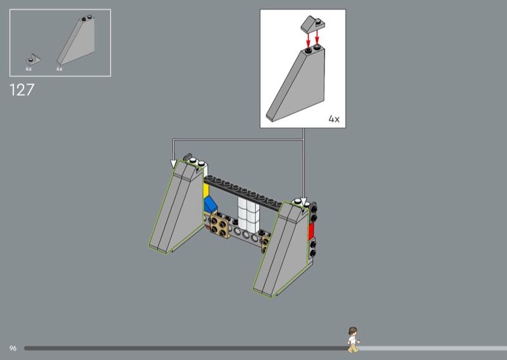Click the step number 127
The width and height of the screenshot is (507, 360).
coord(22,90)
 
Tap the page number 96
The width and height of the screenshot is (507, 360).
coord(13,349)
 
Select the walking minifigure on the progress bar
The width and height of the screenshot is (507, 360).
coord(353,340)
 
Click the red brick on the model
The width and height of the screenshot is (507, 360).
coord(311,231)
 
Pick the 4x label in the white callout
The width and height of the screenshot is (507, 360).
coord(334,119)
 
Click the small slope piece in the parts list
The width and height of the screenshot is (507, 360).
coord(34,60)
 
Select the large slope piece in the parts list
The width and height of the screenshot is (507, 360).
coord(76,41)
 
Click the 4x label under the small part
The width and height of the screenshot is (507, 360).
coord(29,69)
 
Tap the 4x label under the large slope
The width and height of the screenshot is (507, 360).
coord(60,69)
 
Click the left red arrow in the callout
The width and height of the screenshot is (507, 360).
coord(308,39)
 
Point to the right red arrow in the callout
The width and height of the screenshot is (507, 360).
coord(317,37)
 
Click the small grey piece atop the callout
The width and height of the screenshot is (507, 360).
coord(312,25)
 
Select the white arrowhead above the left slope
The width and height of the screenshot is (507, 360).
coord(174,164)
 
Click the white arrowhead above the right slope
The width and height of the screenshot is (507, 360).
coord(304,202)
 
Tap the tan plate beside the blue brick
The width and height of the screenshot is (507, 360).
coord(220,226)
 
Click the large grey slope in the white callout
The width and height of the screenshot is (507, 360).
coord(295,84)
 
